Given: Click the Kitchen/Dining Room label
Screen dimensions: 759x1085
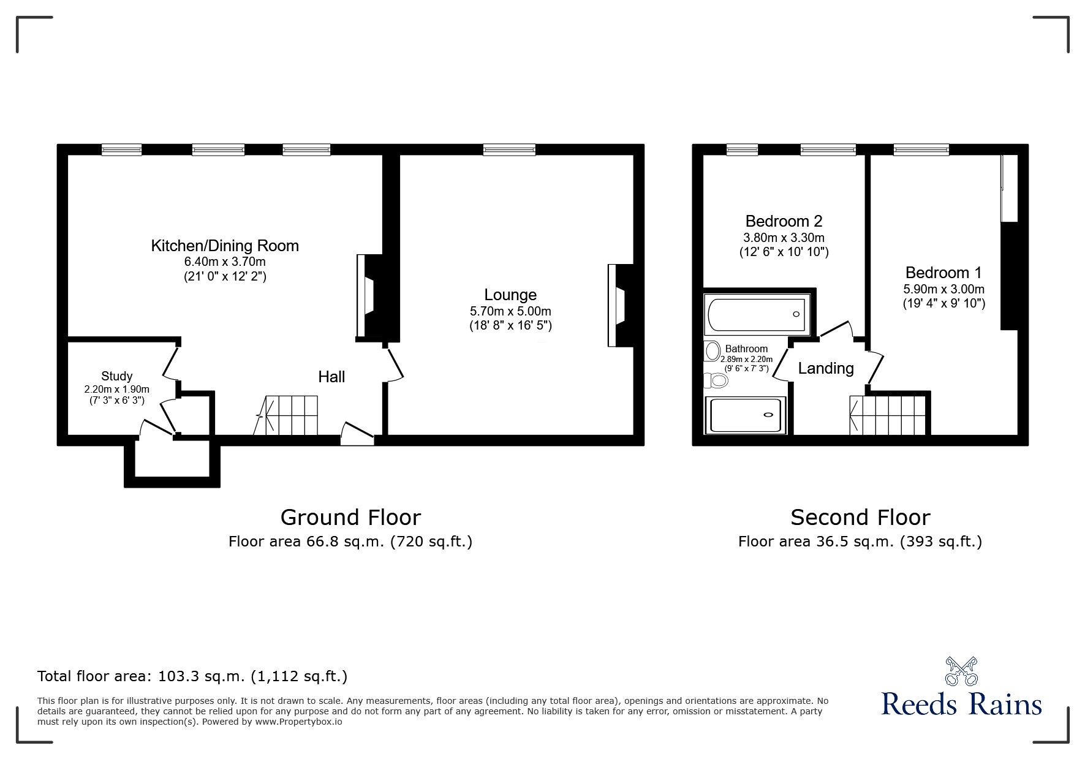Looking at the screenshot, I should pyautogui.click(x=225, y=246).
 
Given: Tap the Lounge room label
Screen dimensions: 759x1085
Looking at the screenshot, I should pyautogui.click(x=510, y=295).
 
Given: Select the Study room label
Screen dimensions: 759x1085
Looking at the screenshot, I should pyautogui.click(x=116, y=376).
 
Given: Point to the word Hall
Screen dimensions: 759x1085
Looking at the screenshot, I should pyautogui.click(x=331, y=377).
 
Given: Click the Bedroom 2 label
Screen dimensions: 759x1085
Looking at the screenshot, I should pyautogui.click(x=784, y=221).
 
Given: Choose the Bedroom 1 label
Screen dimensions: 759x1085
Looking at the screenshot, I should pyautogui.click(x=943, y=273).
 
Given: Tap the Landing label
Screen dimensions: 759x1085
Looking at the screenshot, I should pyautogui.click(x=825, y=368).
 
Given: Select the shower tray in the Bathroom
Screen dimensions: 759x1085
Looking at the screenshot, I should pyautogui.click(x=746, y=415).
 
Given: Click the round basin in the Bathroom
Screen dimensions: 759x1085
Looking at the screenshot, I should pyautogui.click(x=713, y=351).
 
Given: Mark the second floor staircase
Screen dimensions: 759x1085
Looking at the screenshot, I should pyautogui.click(x=889, y=415).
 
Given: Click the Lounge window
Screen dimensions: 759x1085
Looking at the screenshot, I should pyautogui.click(x=508, y=149).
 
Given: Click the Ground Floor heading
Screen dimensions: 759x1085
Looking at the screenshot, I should pyautogui.click(x=350, y=518).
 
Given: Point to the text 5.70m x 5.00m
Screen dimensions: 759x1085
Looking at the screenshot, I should pyautogui.click(x=510, y=311).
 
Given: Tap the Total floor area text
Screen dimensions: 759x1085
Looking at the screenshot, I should pyautogui.click(x=192, y=676).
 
